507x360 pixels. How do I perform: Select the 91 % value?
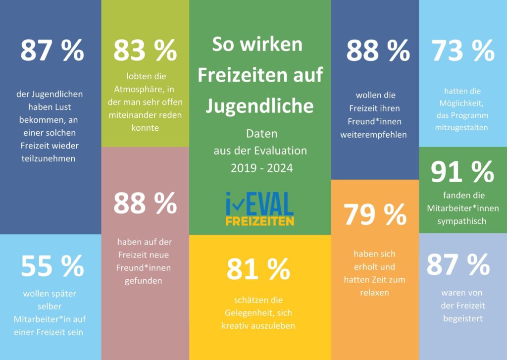click(x=462, y=172)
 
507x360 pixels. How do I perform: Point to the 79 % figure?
click(x=375, y=214)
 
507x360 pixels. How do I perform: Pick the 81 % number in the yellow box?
click(x=258, y=269)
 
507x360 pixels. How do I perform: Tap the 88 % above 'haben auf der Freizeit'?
click(x=145, y=203)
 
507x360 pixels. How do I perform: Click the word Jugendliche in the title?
click(x=259, y=105)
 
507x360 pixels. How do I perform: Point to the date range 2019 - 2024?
click(x=261, y=168)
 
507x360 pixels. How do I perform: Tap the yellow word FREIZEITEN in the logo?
click(x=259, y=220)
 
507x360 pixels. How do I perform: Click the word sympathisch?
click(x=462, y=221)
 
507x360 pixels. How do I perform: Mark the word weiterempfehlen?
click(x=374, y=135)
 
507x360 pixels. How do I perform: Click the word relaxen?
click(x=374, y=292)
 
